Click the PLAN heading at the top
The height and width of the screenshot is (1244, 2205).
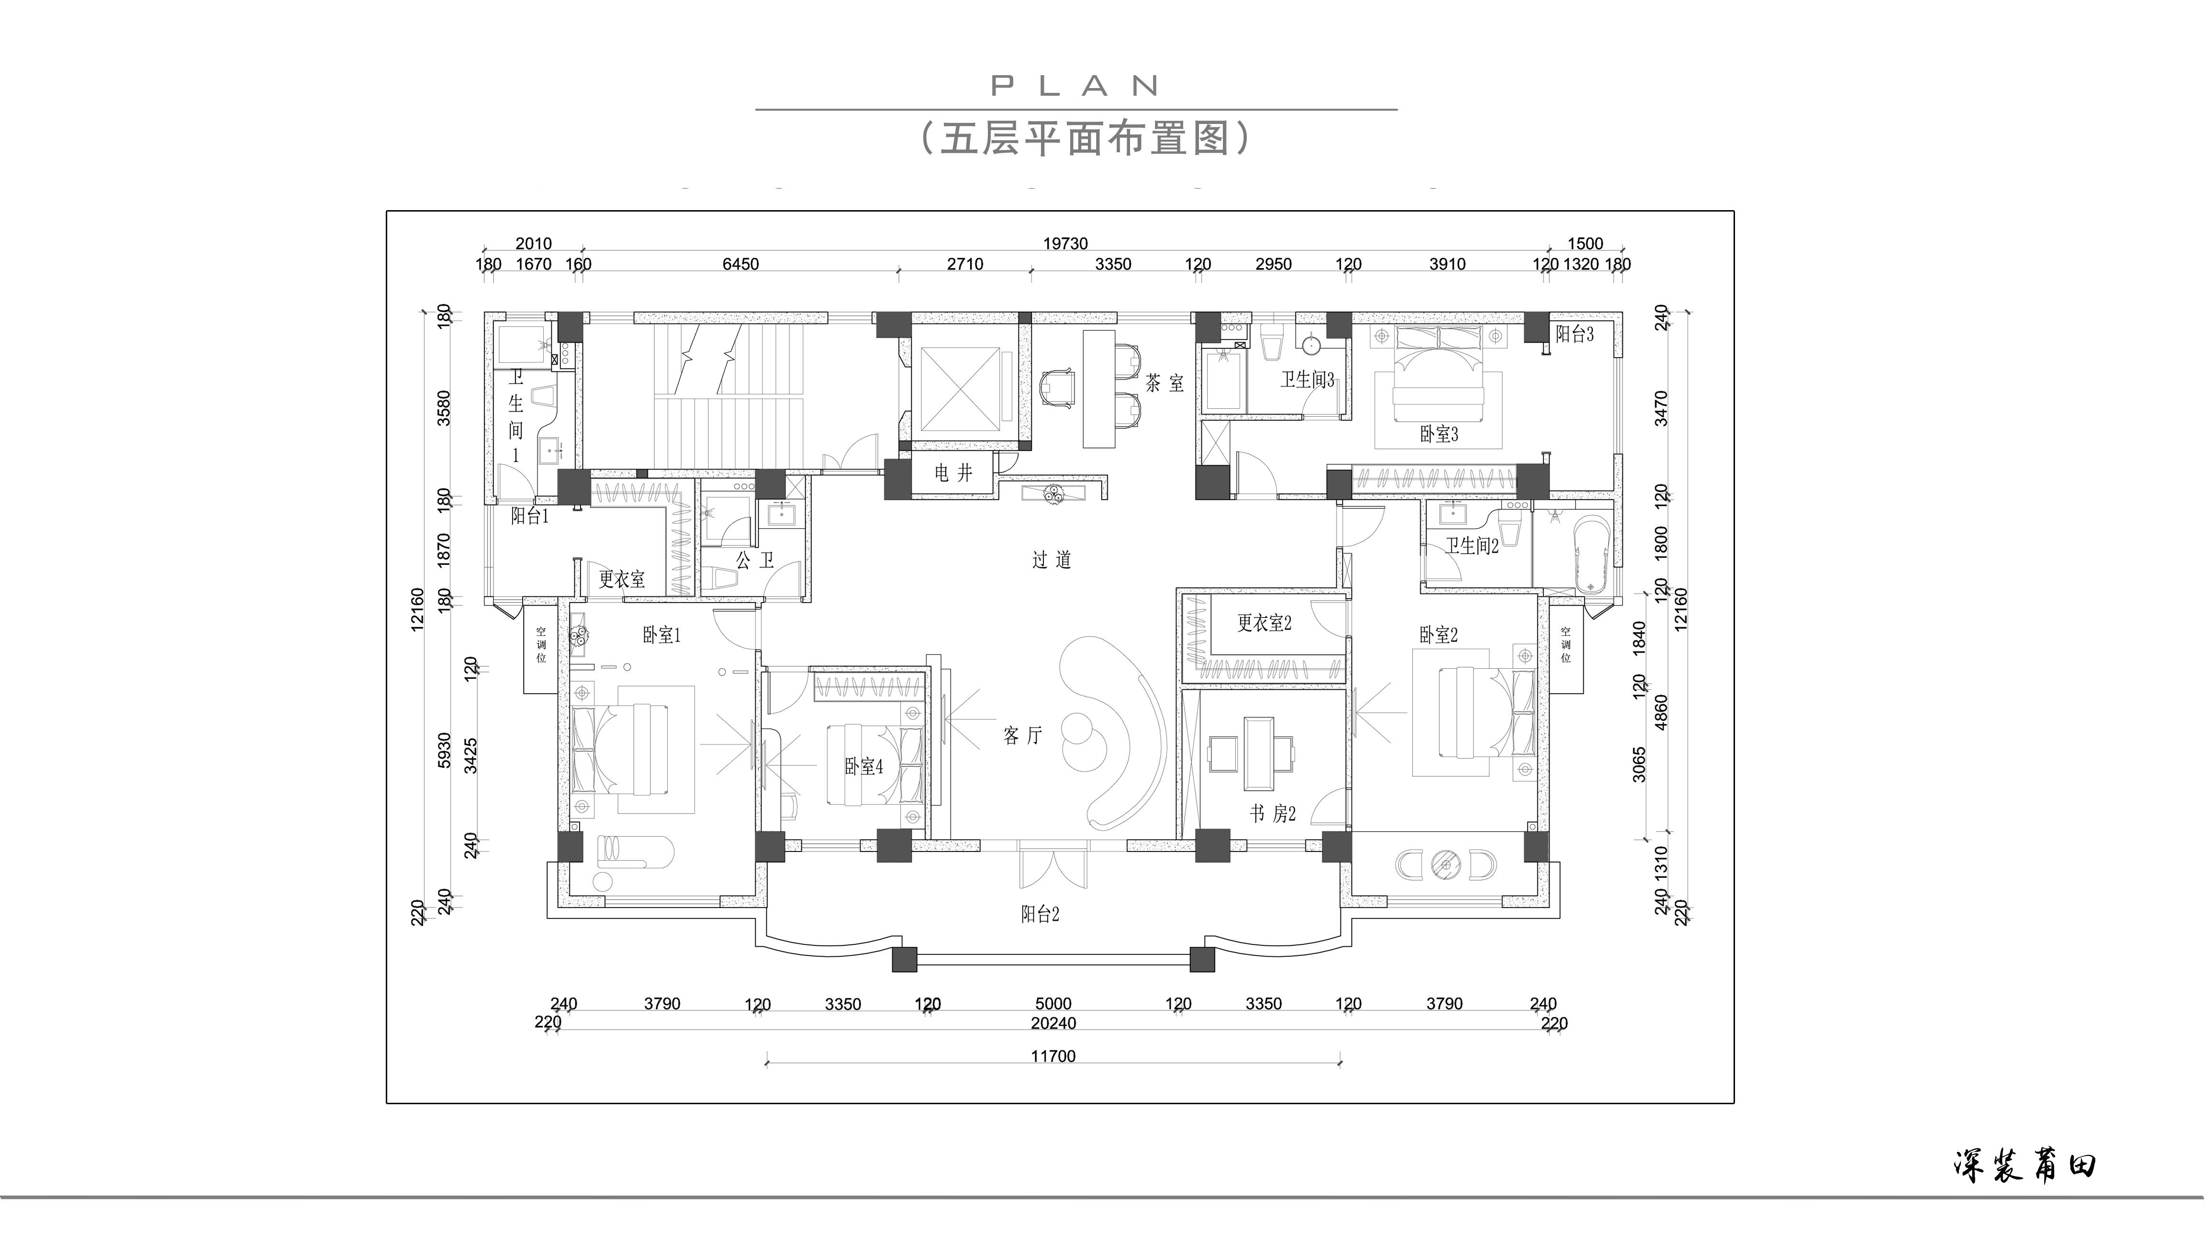[x=1075, y=86]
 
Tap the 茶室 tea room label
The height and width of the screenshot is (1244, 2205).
[x=1165, y=383]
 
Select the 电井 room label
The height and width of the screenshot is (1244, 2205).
[x=953, y=472]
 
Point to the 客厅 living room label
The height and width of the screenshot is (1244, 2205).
[x=1023, y=735]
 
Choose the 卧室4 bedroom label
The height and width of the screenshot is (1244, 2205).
[x=864, y=766]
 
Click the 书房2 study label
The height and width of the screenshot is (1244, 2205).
[x=1273, y=813]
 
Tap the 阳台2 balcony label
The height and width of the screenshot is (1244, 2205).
[x=1040, y=914]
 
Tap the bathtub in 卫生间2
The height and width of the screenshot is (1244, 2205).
[x=1592, y=554]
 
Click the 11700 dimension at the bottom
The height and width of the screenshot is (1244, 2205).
[x=1053, y=1056]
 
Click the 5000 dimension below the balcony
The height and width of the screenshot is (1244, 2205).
[x=1053, y=1003]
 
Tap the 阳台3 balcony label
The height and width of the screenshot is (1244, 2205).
[x=1575, y=334]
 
